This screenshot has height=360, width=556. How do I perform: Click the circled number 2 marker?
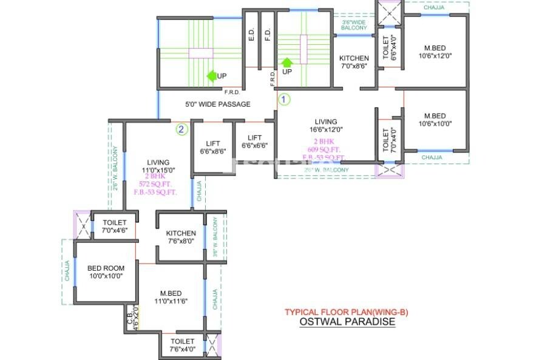tap(181, 129)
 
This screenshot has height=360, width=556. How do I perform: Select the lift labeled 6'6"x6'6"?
tap(254, 141)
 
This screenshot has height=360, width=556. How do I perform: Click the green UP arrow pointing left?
tap(212, 76)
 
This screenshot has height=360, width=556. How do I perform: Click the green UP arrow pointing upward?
tap(287, 62)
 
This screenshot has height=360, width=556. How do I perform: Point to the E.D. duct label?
tap(251, 36)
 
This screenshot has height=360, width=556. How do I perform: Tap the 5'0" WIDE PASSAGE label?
tap(217, 104)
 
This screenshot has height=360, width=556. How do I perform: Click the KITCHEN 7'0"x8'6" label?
tap(354, 63)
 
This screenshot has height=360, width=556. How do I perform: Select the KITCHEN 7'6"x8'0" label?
tap(181, 237)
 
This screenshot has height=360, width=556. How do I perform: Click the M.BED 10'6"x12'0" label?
tap(435, 52)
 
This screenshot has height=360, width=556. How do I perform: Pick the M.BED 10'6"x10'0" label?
tap(435, 120)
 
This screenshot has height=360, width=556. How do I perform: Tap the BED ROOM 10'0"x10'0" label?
tap(106, 271)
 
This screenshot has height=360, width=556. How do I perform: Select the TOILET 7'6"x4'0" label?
tap(182, 345)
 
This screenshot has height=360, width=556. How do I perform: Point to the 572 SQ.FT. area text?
tap(155, 184)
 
